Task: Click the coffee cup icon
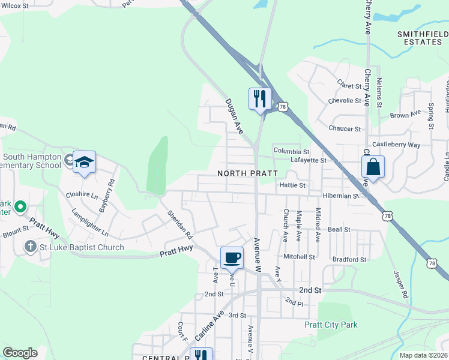point(232,258)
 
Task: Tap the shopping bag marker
point(373,167)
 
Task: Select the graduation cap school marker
point(84,162)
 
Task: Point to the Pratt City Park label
point(331,325)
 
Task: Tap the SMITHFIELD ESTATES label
point(422,38)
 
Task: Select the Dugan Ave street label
point(234,116)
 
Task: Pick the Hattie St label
point(293,185)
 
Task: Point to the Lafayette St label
point(308,160)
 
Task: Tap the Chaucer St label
point(345,128)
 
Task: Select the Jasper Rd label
point(400,286)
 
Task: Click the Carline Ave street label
point(209,324)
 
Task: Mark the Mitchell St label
point(299,257)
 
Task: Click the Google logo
point(20,353)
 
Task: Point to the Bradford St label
point(350,259)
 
